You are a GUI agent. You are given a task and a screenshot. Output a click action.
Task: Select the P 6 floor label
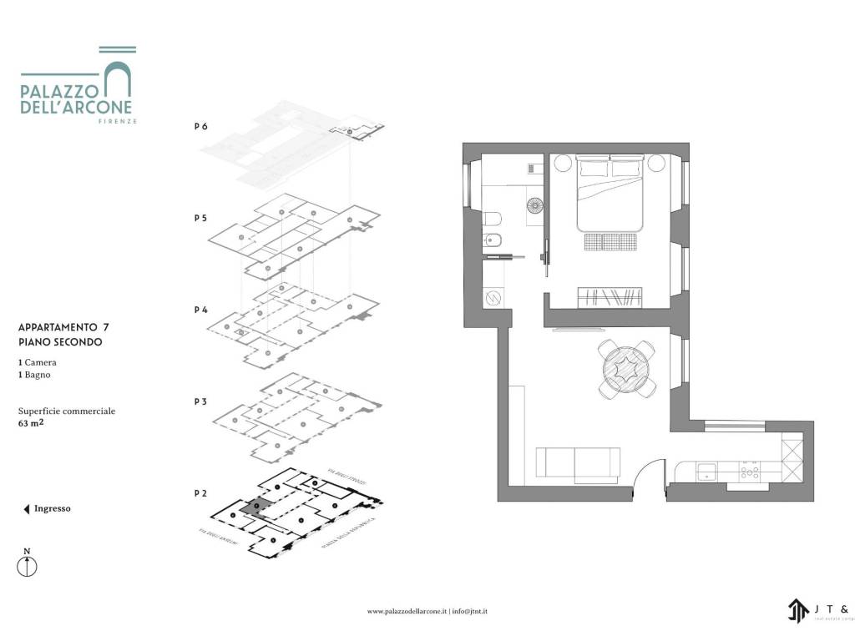pyautogui.click(x=200, y=127)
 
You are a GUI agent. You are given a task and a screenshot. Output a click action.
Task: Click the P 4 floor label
pyautogui.click(x=200, y=310)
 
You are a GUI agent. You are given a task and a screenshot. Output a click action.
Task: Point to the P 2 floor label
pyautogui.click(x=200, y=493)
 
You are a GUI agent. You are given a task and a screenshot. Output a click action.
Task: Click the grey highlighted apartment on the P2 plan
pyautogui.click(x=254, y=509)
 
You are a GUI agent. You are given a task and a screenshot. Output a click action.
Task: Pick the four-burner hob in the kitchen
pyautogui.click(x=749, y=472)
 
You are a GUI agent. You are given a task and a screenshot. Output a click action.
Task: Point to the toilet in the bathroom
pyautogui.click(x=492, y=219)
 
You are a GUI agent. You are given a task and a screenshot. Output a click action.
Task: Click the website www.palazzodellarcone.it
pyautogui.click(x=407, y=612)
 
